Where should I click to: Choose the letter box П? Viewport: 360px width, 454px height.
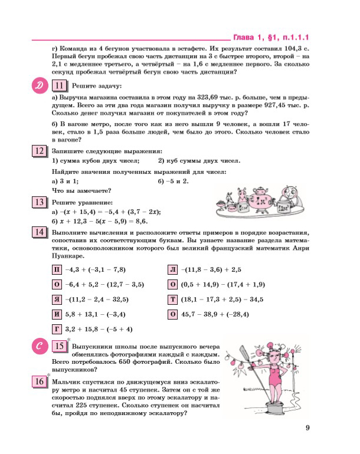coord(57,271)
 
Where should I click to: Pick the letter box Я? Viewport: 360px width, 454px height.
coord(57,300)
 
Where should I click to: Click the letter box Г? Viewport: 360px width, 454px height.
coord(57,329)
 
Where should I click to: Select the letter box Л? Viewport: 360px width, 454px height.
coord(174,271)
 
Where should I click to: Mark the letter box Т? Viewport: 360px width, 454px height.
coord(174,300)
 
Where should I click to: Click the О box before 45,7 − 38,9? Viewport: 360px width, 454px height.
coord(174,314)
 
